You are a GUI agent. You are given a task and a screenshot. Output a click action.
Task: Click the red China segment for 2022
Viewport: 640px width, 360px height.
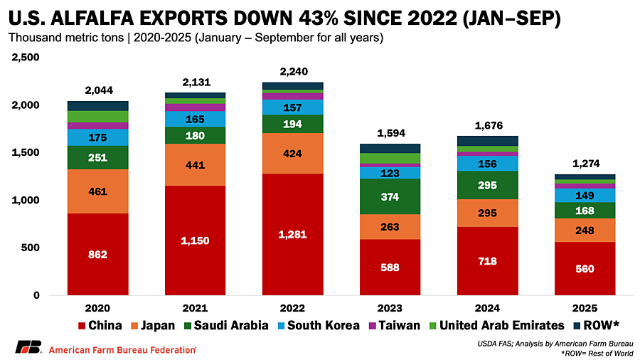(292, 234)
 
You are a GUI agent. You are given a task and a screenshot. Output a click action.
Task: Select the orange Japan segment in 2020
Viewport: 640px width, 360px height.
(98, 191)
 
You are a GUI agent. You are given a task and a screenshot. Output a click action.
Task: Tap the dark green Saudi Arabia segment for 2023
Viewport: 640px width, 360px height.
(390, 196)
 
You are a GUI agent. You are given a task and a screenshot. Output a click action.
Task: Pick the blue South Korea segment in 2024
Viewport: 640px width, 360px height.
(487, 164)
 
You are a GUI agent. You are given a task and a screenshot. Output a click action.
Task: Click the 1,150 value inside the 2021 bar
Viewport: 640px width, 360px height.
(195, 240)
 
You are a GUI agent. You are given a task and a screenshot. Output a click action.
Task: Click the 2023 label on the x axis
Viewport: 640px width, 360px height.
(390, 308)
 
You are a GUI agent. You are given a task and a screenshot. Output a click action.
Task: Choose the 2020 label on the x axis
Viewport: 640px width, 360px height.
(98, 308)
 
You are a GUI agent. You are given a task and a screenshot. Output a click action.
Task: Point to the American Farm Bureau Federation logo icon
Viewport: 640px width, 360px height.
(28, 348)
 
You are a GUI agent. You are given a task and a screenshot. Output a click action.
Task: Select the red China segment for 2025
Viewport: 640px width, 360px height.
(585, 268)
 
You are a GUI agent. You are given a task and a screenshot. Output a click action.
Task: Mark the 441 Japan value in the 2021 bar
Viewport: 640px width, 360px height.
(195, 165)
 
